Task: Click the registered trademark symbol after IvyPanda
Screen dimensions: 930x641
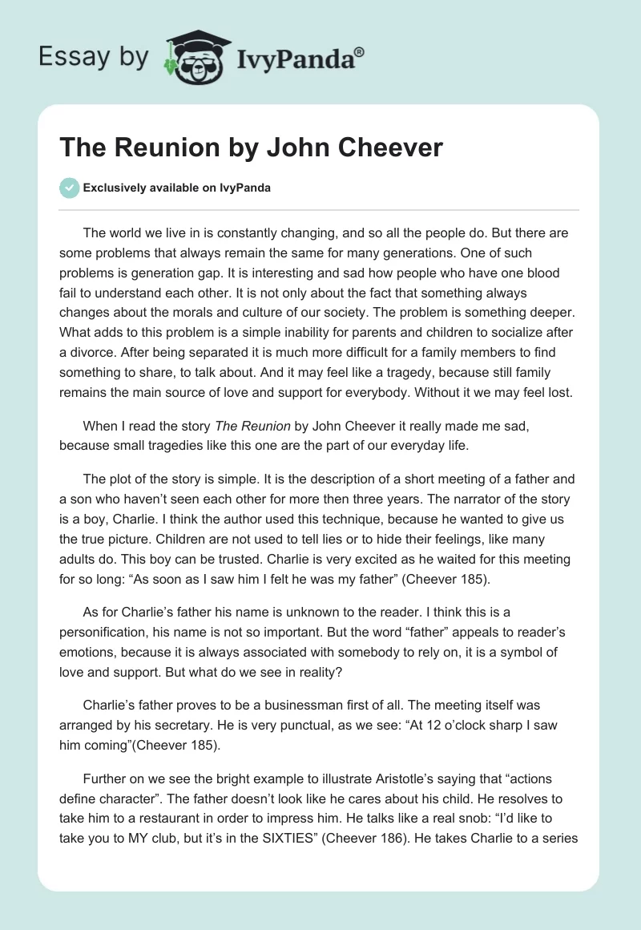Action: tap(360, 51)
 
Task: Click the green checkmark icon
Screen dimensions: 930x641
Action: tap(69, 188)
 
